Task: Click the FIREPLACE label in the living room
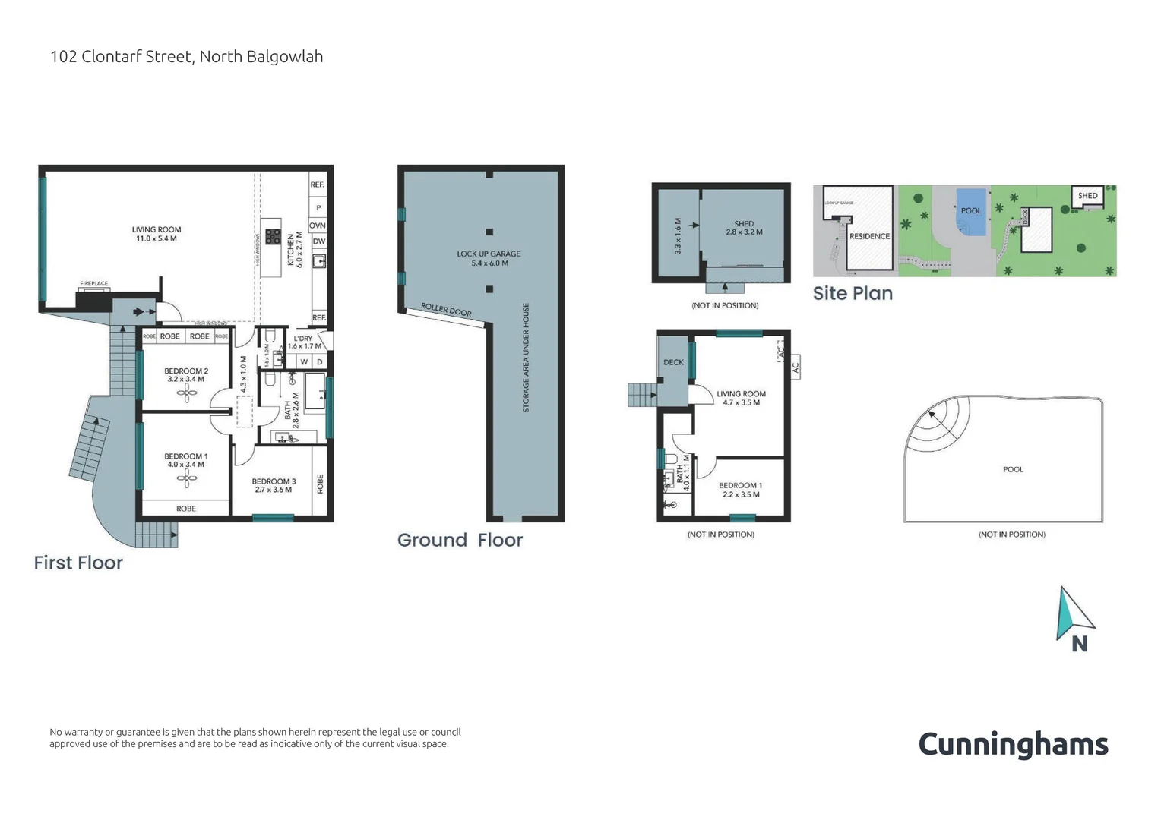click(94, 284)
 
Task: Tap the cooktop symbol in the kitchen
click(273, 237)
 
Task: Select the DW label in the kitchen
click(318, 241)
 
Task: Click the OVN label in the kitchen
click(318, 225)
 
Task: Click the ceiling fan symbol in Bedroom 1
click(186, 478)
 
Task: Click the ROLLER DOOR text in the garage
click(446, 311)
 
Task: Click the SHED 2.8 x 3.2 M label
click(744, 228)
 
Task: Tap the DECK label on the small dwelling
click(673, 363)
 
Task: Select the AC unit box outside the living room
click(796, 367)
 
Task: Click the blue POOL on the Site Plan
click(972, 212)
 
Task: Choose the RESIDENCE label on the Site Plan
click(869, 236)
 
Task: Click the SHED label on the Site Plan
click(1088, 196)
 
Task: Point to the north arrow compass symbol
click(1074, 617)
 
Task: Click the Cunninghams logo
click(1013, 744)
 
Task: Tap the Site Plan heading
click(853, 293)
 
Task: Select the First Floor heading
click(78, 563)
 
